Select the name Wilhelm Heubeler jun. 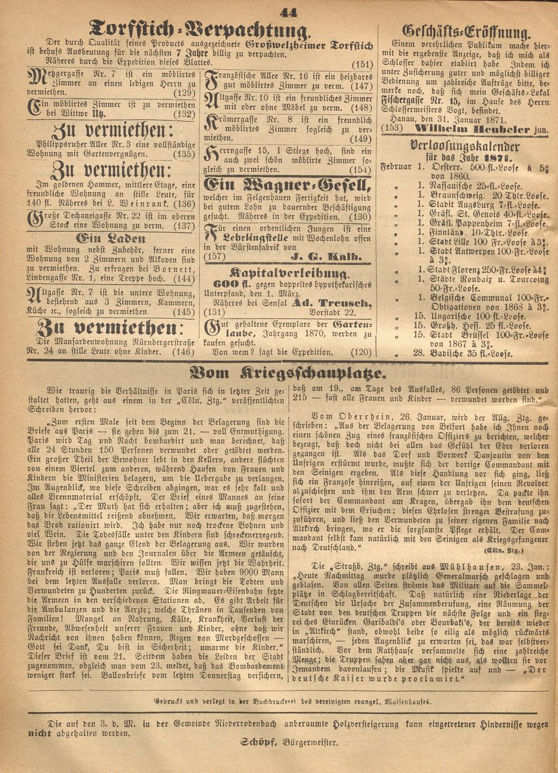point(482,129)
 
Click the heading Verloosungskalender point(465,147)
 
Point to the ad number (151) point(362,64)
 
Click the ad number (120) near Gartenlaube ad point(361,353)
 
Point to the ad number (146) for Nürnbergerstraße point(183,352)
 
